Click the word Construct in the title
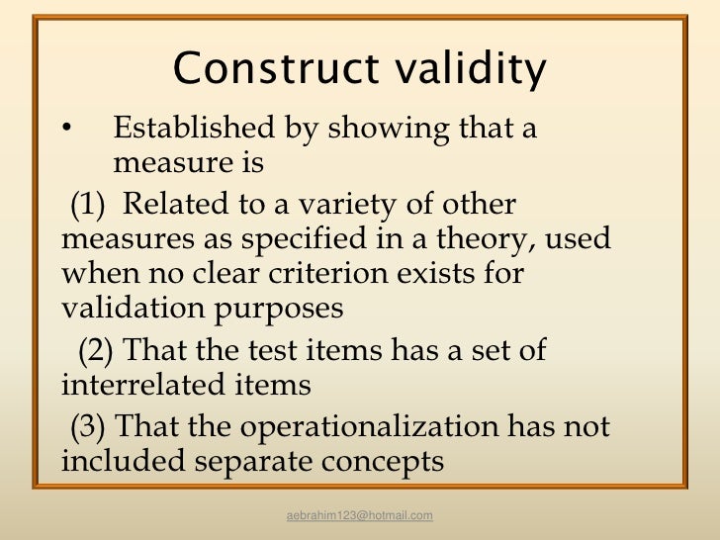click(262, 69)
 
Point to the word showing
click(379, 129)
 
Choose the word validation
click(130, 308)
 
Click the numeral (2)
click(97, 350)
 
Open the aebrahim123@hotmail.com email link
click(359, 516)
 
